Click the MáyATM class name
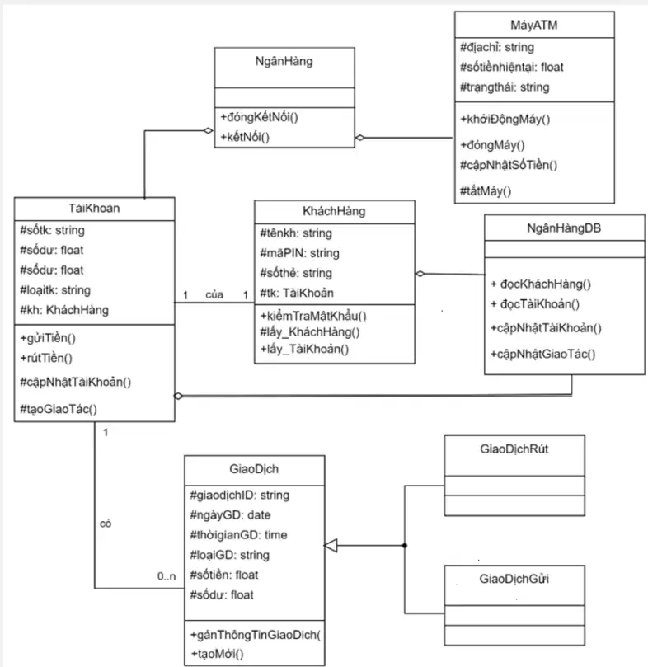pos(534,25)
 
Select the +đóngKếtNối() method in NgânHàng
pos(259,117)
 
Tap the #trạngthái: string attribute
pos(505,87)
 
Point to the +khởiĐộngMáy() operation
pos(505,119)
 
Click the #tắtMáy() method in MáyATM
pos(486,191)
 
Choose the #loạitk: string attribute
pos(55,290)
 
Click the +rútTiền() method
pos(46,358)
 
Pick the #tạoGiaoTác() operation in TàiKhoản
pos(59,409)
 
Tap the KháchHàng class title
pos(334,211)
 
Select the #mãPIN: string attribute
pos(299,253)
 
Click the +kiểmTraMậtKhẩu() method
pos(313,316)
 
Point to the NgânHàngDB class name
pos(564,228)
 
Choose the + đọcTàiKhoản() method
pos(535,304)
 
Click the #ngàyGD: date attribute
pos(230,515)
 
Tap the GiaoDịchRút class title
pos(514,449)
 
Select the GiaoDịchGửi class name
pos(514,579)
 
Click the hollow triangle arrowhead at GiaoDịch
pos(331,545)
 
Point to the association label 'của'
pos(214,295)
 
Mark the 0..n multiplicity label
pos(167,576)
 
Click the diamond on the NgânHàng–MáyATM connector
pos(360,138)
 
